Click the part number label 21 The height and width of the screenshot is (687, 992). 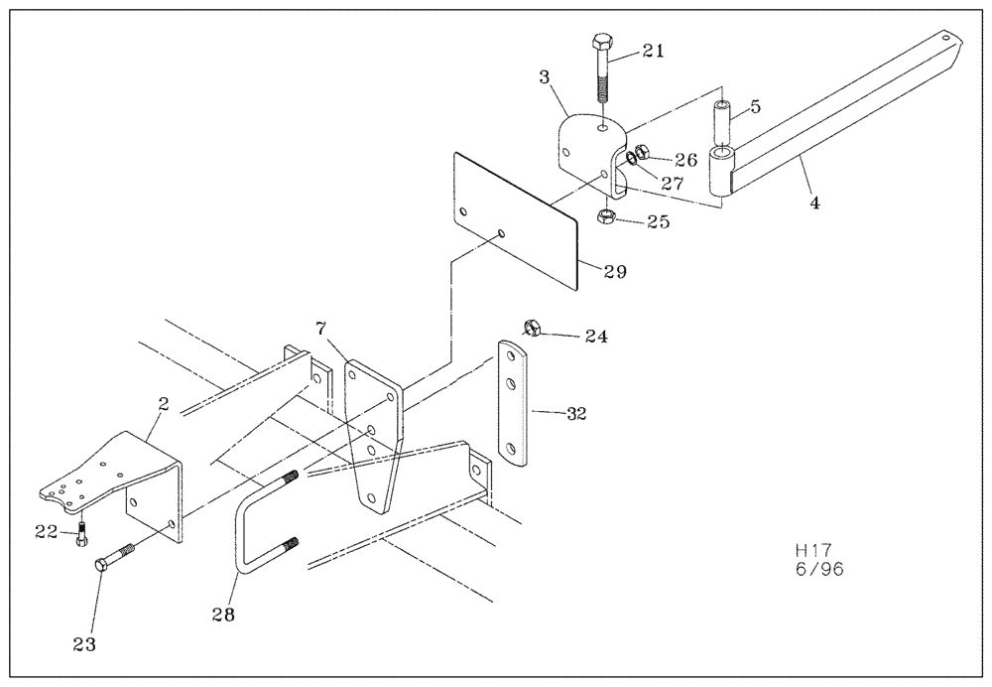pos(653,51)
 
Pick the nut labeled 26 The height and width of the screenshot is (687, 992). pos(641,153)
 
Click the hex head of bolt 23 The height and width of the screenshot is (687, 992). pos(102,565)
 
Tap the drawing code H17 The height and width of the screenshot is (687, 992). pos(813,549)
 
